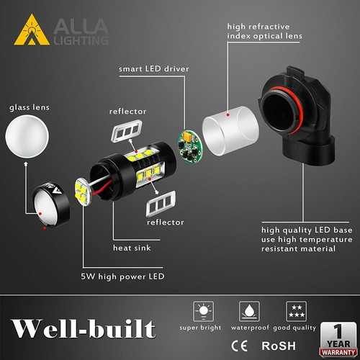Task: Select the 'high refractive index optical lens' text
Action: tap(264, 31)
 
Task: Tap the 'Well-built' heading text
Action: tap(84, 328)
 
